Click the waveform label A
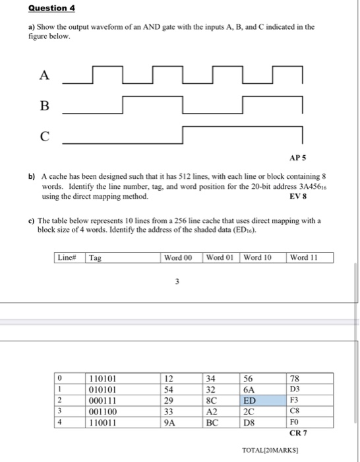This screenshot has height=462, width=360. tap(44, 76)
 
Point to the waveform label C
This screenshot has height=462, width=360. tap(44, 137)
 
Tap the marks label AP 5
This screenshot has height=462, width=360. tap(298, 159)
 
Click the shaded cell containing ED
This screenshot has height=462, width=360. tap(251, 400)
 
